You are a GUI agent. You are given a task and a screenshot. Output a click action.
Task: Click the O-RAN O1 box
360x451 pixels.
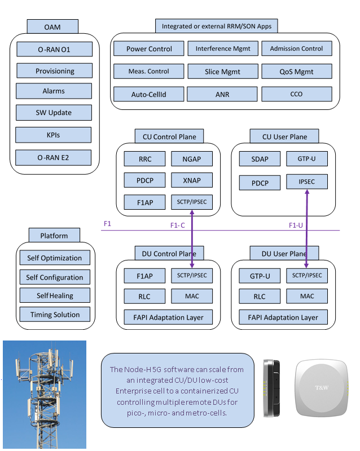[x=54, y=50]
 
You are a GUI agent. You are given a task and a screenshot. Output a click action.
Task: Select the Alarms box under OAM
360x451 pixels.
[x=54, y=91]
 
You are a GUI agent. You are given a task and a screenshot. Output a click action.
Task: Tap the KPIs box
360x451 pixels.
[x=53, y=135]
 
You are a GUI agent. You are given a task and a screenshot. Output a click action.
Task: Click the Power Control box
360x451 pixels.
[x=149, y=49]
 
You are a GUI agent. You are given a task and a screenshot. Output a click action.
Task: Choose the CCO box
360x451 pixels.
[x=296, y=94]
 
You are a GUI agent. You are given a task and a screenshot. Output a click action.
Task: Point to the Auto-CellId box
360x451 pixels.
[x=149, y=94]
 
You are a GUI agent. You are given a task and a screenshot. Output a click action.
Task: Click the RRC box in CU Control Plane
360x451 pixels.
[x=144, y=159]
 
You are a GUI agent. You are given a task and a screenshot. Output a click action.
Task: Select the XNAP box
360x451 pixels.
[x=192, y=180]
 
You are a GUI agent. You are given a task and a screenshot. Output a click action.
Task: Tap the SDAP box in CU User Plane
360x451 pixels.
[x=260, y=159]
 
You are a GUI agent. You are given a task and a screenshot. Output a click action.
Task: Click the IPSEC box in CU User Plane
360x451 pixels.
[x=307, y=182]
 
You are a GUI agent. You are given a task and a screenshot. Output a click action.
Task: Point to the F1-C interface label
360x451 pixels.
[x=178, y=225]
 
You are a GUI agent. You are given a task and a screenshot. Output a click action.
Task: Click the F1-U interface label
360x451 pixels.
[x=296, y=225]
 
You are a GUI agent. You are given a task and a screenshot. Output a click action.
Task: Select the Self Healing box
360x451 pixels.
[x=55, y=295]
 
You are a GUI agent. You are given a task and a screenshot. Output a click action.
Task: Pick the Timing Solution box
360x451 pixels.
[x=54, y=314]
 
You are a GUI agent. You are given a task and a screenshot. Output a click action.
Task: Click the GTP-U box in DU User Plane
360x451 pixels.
[x=260, y=276]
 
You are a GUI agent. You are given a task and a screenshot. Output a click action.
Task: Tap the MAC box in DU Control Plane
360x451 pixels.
[x=192, y=296]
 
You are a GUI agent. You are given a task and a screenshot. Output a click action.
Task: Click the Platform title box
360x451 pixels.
[x=54, y=236]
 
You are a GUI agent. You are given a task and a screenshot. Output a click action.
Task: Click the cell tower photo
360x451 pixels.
[x=45, y=394]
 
